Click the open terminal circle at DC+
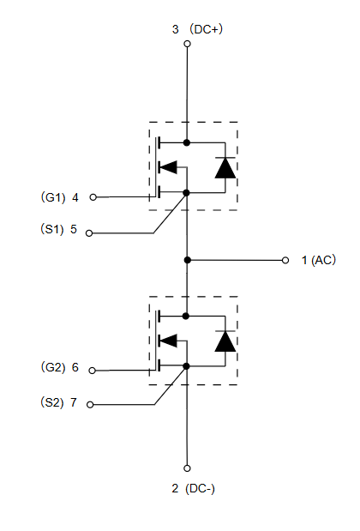[187, 44]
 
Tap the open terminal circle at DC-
[187, 468]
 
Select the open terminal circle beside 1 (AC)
[285, 260]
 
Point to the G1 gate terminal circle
[93, 197]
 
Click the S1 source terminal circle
[89, 233]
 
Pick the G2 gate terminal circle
[92, 371]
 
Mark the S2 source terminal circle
[90, 405]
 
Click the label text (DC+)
[206, 29]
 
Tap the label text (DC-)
[200, 488]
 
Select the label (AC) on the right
[323, 260]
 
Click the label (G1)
[53, 197]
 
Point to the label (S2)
[52, 402]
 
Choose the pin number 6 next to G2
[75, 367]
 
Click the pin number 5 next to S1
[74, 229]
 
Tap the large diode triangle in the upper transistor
[225, 168]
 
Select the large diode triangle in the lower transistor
[225, 341]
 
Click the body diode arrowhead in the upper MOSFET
[168, 167]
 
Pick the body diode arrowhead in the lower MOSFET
[168, 341]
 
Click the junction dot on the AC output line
[187, 260]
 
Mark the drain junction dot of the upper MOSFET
[187, 142]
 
